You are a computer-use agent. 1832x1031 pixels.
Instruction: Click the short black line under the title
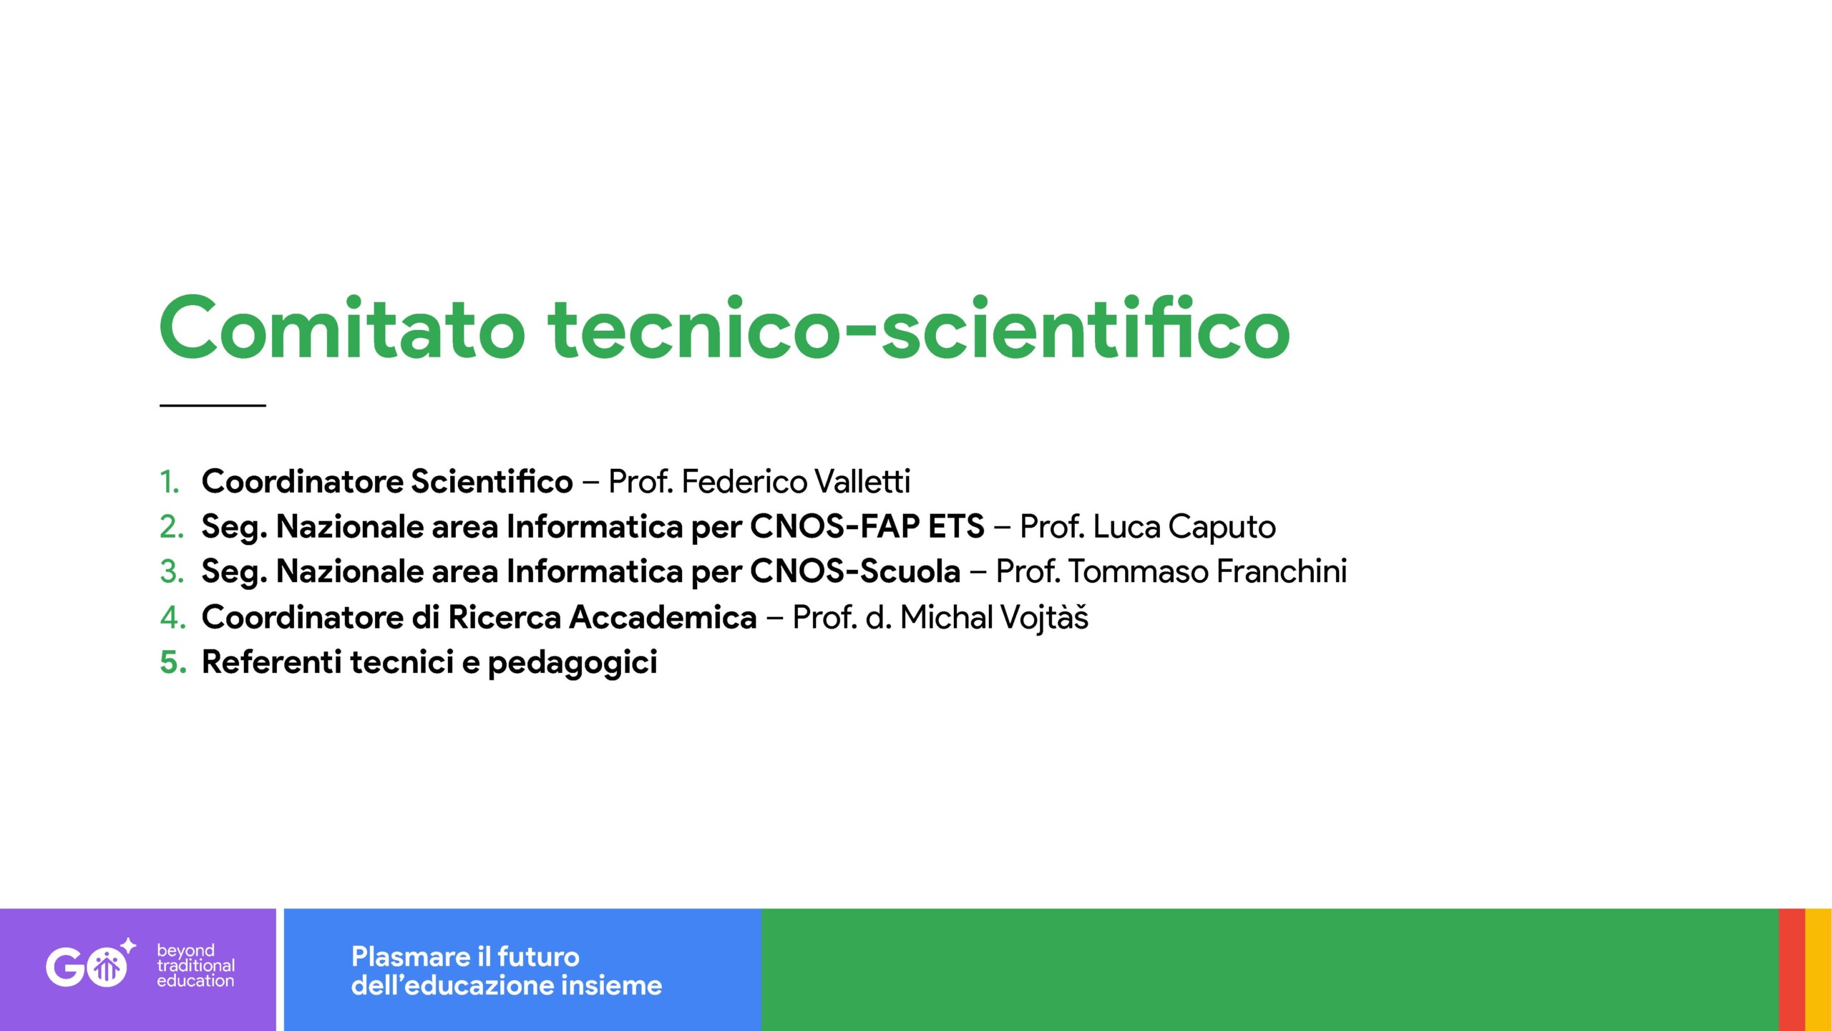pos(213,405)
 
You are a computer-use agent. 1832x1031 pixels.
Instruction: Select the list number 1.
pos(170,482)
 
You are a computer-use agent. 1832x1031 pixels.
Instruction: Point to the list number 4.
pos(172,617)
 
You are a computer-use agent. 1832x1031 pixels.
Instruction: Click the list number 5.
pos(172,662)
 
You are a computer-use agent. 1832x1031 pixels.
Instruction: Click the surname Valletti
pos(862,481)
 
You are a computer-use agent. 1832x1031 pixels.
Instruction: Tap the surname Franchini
pos(1282,571)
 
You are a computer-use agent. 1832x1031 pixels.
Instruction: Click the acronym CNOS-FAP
pos(834,527)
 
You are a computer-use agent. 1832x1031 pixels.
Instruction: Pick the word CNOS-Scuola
pos(855,571)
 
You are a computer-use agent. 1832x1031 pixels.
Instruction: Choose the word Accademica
pos(663,617)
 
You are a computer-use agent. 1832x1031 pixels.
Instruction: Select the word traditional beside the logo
pos(196,965)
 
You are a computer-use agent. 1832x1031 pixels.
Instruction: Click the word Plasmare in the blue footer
pos(411,957)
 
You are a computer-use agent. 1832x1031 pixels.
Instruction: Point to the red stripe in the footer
pos(1792,969)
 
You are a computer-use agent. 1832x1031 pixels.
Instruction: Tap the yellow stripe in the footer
pos(1818,969)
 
